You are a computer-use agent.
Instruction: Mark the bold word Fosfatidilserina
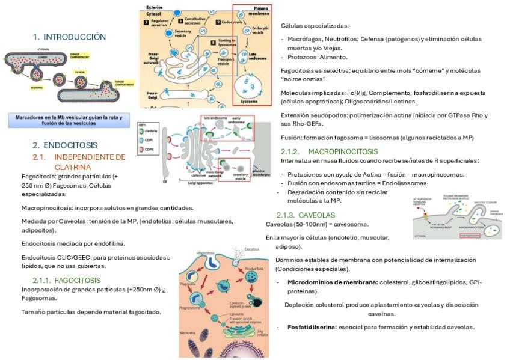pyautogui.click(x=312, y=327)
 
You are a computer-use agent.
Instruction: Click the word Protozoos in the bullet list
pyautogui.click(x=303, y=57)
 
